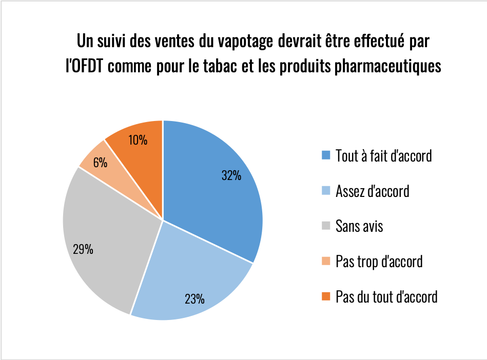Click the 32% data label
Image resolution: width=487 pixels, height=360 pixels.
[231, 175]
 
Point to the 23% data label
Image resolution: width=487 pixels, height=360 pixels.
[194, 298]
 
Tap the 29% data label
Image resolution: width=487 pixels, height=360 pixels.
[83, 250]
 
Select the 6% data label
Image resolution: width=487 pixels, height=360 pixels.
[100, 163]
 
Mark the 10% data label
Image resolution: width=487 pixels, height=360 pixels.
[138, 139]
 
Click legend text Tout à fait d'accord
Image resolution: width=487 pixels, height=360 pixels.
[383, 155]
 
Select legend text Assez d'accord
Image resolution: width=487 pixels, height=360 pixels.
[372, 191]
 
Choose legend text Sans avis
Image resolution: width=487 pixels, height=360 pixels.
[359, 226]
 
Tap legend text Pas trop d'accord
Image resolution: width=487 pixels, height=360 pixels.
[379, 261]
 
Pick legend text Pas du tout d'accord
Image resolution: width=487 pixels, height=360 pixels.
[386, 296]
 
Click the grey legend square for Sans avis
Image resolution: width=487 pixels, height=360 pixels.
[325, 226]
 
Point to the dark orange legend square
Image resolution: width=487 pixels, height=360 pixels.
[325, 297]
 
